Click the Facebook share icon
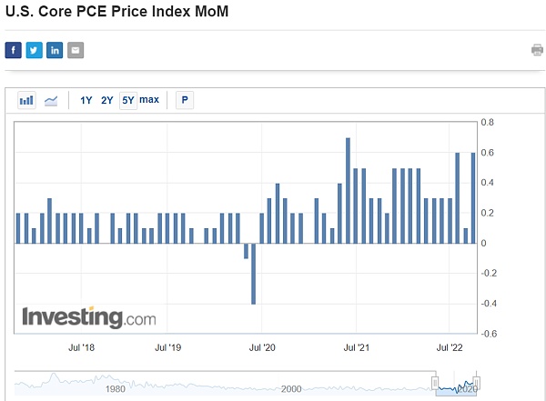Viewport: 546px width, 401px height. point(14,50)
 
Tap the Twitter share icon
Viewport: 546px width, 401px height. point(34,50)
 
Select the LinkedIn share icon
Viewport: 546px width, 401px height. point(55,50)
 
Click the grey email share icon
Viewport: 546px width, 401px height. point(76,50)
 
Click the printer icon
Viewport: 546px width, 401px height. point(537,50)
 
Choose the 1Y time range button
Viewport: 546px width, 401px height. point(86,100)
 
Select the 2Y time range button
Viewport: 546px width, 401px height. point(107,100)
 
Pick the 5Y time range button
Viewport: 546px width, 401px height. point(128,100)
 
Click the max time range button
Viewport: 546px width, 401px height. point(149,100)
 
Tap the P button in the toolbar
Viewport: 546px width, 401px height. point(185,100)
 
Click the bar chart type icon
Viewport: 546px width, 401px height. point(26,100)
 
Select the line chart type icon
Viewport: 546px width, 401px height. point(51,100)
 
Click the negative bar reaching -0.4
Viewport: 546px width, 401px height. point(253,273)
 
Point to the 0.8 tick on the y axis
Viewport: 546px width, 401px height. point(488,122)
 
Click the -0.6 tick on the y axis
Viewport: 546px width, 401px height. point(488,334)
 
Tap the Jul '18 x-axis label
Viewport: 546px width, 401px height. point(81,346)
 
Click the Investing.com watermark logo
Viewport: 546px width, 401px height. point(88,317)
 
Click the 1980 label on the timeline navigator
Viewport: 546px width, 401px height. point(116,389)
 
